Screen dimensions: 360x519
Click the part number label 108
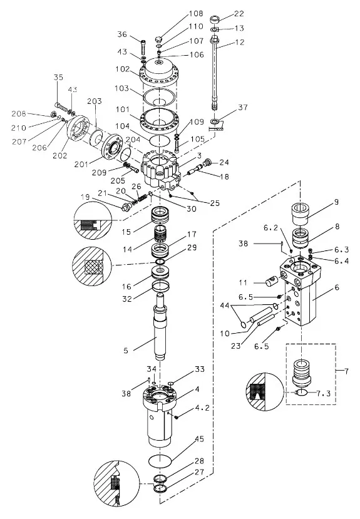196,14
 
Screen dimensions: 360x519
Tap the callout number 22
239,14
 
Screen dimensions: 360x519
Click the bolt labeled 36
143,48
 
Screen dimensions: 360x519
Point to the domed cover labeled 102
160,71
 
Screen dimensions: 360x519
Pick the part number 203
95,101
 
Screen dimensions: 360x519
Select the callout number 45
200,439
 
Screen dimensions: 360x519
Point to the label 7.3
324,393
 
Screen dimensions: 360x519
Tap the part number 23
235,346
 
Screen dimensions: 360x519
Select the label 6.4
341,261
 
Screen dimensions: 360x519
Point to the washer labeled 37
216,122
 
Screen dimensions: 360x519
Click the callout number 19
85,197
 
